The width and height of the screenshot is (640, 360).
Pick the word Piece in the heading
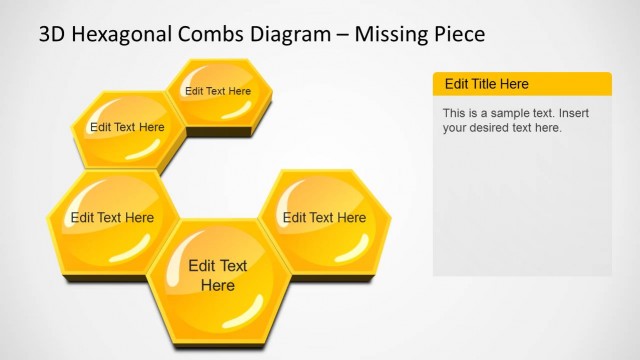coord(458,34)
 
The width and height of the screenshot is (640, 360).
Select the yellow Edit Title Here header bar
coord(521,84)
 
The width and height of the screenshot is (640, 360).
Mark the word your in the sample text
coord(456,128)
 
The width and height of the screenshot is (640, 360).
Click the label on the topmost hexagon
coord(218,91)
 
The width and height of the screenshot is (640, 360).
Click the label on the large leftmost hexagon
coord(112,217)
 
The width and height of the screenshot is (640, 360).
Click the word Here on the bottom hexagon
coord(218,286)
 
